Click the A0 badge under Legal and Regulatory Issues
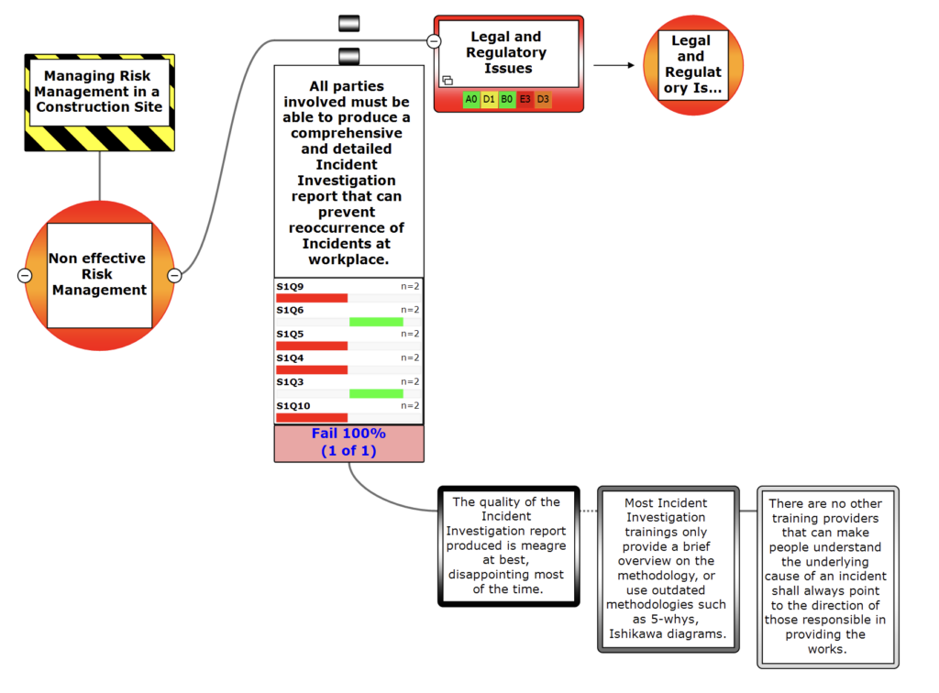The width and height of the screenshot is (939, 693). click(x=471, y=98)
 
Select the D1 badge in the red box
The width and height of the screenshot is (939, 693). click(x=489, y=98)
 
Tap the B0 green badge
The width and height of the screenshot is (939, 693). click(x=507, y=98)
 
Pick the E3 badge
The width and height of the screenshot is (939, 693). click(x=525, y=98)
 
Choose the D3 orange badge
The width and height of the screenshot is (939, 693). click(x=543, y=98)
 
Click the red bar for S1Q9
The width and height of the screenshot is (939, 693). click(x=312, y=298)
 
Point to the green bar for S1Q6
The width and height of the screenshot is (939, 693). click(x=376, y=322)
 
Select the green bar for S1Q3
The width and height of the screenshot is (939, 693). click(x=376, y=393)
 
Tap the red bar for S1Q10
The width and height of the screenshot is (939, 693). click(x=312, y=417)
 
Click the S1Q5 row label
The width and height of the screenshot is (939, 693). click(x=290, y=334)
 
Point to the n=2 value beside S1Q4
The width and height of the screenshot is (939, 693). click(x=410, y=357)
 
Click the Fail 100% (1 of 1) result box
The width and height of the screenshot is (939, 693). click(x=348, y=443)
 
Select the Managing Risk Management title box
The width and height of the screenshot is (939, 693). click(x=99, y=93)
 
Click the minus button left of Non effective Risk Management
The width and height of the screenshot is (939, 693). click(x=25, y=275)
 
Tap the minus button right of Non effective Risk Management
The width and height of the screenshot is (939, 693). click(x=174, y=275)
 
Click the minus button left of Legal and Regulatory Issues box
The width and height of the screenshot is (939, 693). click(x=434, y=40)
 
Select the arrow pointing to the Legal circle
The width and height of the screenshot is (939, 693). click(x=613, y=65)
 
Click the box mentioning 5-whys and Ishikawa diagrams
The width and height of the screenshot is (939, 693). click(x=667, y=568)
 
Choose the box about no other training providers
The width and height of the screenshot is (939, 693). click(x=828, y=576)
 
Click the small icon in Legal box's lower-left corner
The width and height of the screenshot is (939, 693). click(x=447, y=80)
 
